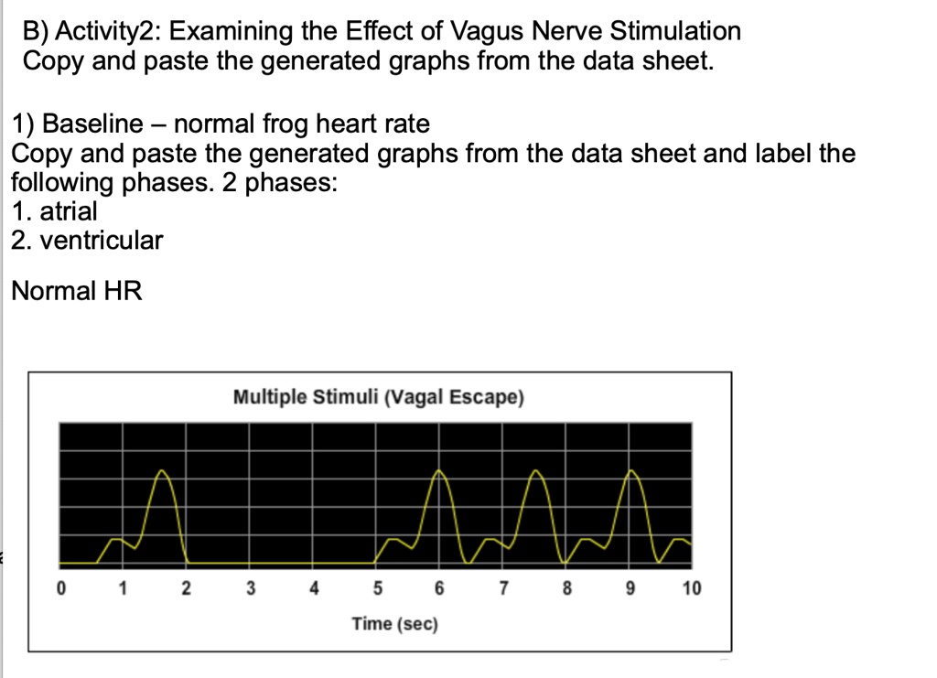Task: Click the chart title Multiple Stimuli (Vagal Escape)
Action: point(378,398)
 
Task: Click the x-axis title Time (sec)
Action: point(395,624)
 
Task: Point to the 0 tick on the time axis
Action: point(60,587)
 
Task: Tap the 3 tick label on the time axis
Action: point(249,587)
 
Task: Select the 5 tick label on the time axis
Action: point(377,587)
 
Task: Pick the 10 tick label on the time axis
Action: point(691,587)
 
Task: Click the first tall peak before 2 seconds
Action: point(163,472)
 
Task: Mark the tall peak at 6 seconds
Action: point(440,473)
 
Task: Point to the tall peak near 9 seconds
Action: point(630,473)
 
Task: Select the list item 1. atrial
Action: point(55,211)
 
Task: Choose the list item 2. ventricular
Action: point(88,242)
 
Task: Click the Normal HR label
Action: point(77,292)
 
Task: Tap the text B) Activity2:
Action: point(92,32)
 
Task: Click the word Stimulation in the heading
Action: point(675,32)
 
